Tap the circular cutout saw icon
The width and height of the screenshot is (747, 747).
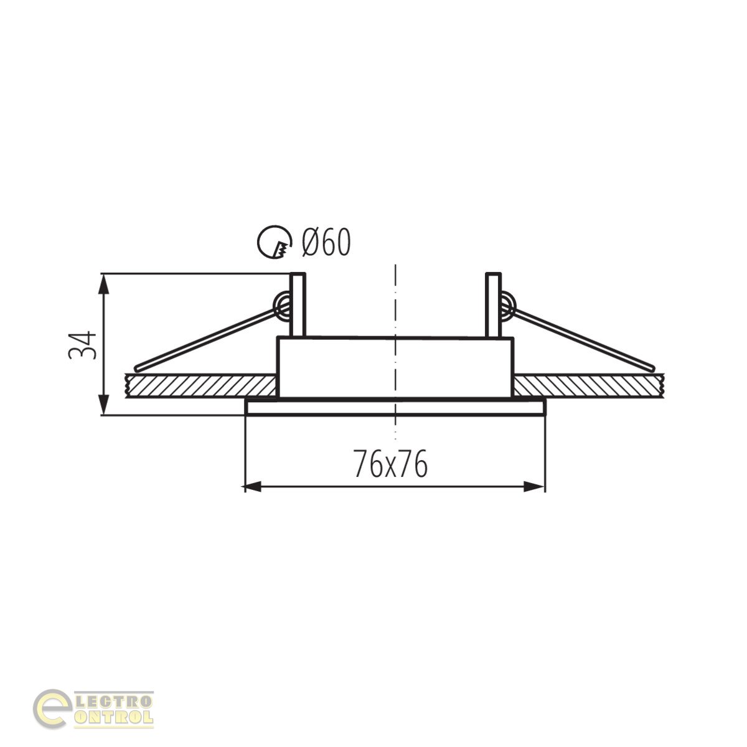(274, 242)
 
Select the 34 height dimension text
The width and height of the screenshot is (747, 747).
(82, 345)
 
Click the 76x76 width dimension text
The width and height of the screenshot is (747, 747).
(390, 463)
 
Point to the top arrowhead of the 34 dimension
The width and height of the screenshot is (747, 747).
(103, 284)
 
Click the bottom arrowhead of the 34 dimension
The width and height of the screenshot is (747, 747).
(103, 405)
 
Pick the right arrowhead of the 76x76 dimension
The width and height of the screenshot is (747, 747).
(535, 487)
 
